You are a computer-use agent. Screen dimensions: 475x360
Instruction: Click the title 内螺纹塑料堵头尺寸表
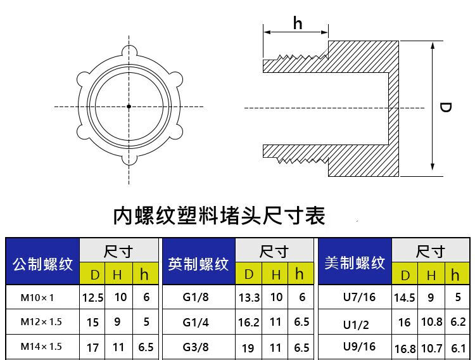(219, 216)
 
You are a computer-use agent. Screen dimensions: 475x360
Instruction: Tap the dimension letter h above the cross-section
(298, 23)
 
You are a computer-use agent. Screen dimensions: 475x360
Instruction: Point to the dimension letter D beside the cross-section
(445, 108)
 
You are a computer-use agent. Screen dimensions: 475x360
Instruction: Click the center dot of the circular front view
(129, 106)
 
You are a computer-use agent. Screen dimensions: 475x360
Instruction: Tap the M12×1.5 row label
(41, 322)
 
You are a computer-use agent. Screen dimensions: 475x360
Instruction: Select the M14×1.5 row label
(41, 347)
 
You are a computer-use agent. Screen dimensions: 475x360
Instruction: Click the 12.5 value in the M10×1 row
(92, 297)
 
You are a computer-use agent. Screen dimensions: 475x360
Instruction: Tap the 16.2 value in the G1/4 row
(249, 323)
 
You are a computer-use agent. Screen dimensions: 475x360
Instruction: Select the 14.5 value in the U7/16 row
(404, 297)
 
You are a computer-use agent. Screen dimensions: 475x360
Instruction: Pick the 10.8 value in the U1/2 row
(431, 322)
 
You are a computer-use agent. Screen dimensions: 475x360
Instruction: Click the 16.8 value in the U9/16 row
(405, 349)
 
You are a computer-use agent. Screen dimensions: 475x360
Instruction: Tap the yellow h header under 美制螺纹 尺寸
(455, 275)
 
